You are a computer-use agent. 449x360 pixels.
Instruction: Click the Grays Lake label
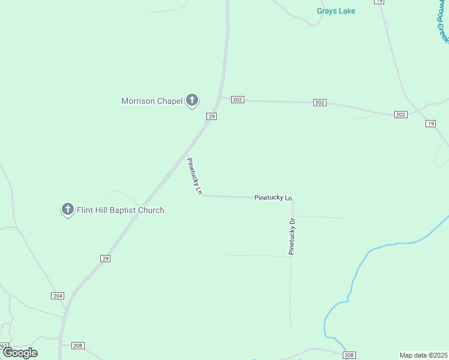coord(336,11)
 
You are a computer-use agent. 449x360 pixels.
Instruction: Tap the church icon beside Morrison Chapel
coord(191,100)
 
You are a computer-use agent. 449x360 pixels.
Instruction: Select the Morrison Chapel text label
coord(152,101)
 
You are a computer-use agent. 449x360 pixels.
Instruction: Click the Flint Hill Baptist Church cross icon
coord(68,209)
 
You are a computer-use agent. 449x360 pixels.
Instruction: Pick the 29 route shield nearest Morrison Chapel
coord(211,116)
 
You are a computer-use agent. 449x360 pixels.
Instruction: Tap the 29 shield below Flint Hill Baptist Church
coord(105,258)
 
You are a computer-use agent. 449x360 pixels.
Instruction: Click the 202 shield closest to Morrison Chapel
coord(238,100)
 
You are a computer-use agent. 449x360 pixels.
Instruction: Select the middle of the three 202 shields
coord(319,103)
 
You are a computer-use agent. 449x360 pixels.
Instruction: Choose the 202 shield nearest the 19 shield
coord(401,115)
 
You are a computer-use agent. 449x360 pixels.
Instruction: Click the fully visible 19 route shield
coord(430,124)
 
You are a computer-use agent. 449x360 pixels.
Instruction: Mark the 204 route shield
coord(58,296)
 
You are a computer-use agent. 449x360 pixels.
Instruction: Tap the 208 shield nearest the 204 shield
coord(78,346)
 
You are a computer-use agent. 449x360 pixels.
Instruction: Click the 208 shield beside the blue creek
coord(350,355)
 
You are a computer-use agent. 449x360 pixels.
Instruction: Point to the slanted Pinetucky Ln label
coord(194,177)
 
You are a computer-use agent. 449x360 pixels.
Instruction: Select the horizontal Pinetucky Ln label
coord(273,197)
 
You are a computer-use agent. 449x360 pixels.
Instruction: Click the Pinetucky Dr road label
coord(292,236)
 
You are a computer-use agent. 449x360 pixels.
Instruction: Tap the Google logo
coord(20,353)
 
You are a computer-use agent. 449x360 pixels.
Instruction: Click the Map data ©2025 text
coord(423,355)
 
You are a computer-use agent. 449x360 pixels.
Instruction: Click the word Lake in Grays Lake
coord(346,11)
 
